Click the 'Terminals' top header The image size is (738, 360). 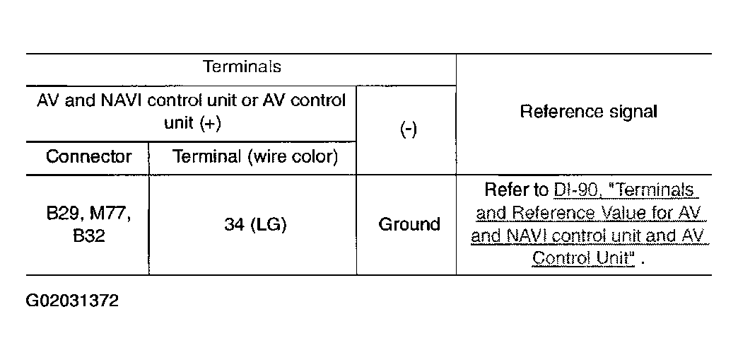coord(242,66)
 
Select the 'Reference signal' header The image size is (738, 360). coord(588,112)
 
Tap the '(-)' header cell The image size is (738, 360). coord(408,129)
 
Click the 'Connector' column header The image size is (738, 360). coord(88,156)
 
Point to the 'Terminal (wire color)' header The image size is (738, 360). coord(256,157)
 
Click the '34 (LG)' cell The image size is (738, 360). coord(255,225)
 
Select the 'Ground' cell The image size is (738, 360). coord(409,224)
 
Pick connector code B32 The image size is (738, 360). coord(89,235)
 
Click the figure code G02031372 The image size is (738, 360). coord(72,300)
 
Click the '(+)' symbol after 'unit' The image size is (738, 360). coord(210,124)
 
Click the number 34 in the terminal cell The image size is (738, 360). coord(233,225)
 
